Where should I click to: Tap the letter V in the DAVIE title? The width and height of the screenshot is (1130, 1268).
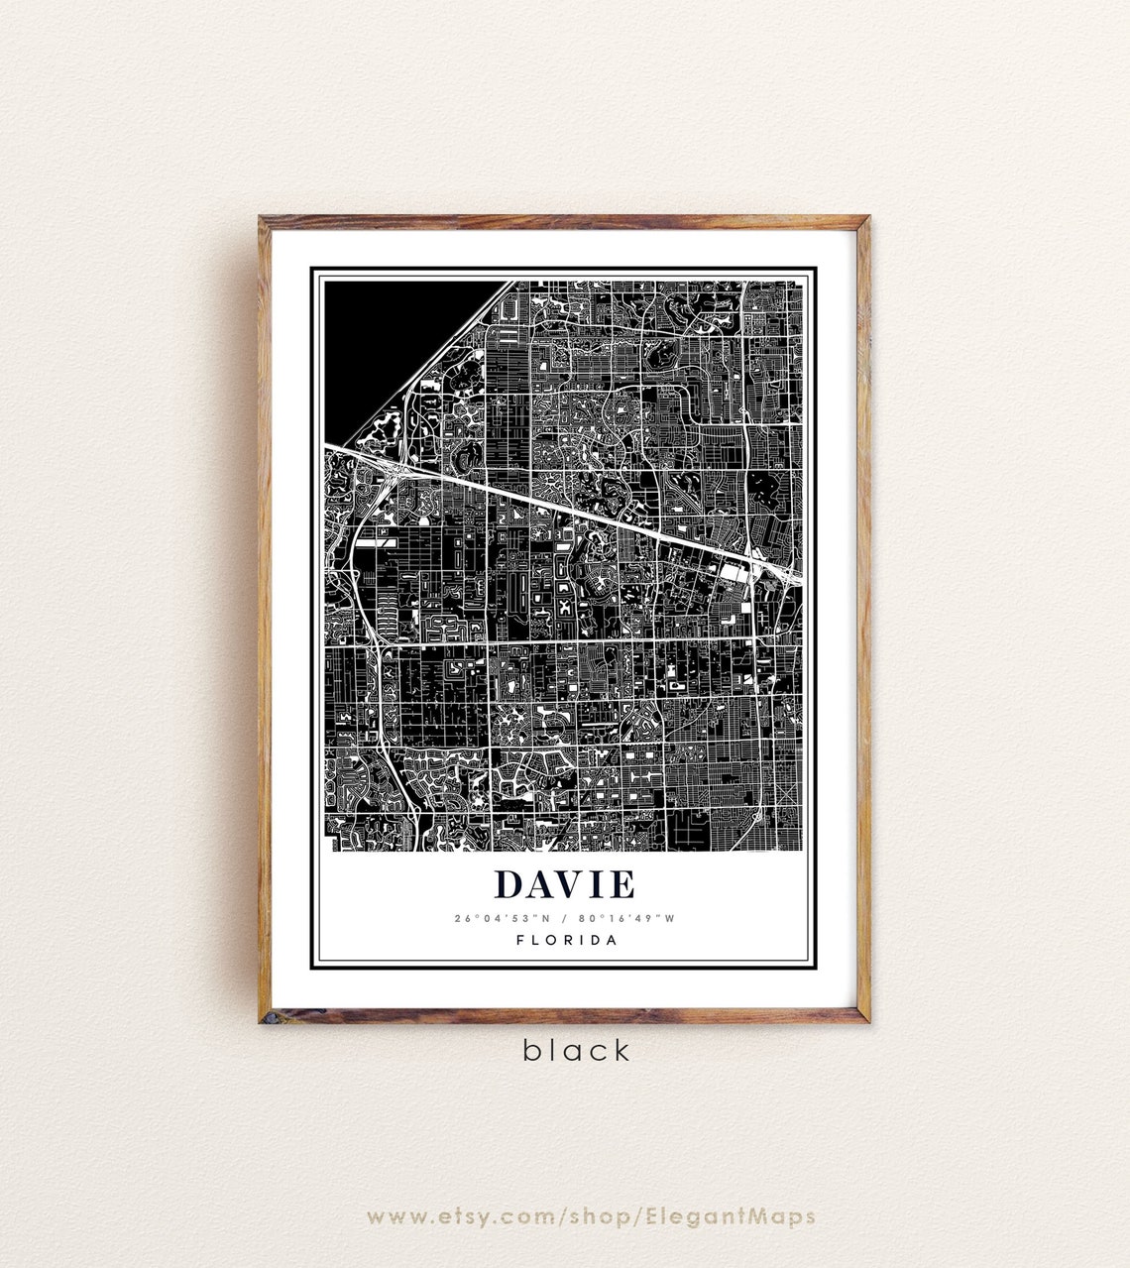pyautogui.click(x=571, y=885)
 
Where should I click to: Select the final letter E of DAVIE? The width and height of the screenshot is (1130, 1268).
pyautogui.click(x=622, y=885)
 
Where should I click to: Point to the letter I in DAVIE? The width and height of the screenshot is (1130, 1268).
pyautogui.click(x=598, y=885)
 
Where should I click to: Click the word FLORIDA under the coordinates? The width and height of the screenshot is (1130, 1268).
pyautogui.click(x=566, y=940)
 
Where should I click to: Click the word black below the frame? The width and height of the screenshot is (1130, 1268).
pyautogui.click(x=576, y=1050)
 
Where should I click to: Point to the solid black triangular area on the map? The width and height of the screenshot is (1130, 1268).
pyautogui.click(x=387, y=337)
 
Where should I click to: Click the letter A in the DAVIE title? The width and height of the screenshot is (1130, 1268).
pyautogui.click(x=541, y=885)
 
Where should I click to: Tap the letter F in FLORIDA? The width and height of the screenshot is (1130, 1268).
pyautogui.click(x=520, y=940)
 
